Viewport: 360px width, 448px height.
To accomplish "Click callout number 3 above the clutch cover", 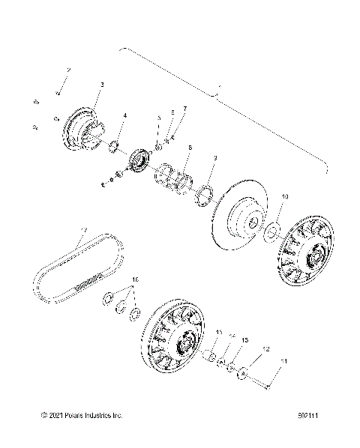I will (102, 85).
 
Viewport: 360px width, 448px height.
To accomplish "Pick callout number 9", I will (215, 158).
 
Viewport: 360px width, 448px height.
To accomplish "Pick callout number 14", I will (232, 335).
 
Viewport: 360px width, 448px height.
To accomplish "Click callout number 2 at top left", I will (68, 69).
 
